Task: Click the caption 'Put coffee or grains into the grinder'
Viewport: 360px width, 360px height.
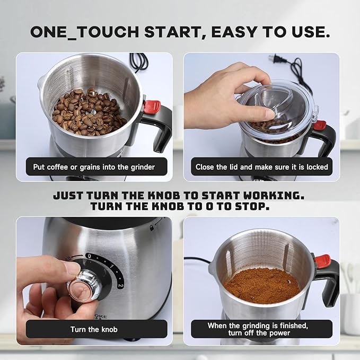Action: [x=94, y=166]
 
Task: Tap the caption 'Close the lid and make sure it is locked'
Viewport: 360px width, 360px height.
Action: [x=261, y=166]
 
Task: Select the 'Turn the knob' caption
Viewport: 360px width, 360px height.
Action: [x=94, y=329]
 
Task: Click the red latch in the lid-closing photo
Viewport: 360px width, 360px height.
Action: [x=320, y=125]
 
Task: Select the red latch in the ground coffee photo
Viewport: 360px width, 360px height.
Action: [x=322, y=260]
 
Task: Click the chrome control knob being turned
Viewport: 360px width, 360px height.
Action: [x=80, y=287]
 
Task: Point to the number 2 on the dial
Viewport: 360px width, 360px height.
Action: [x=120, y=285]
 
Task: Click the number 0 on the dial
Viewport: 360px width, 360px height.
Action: [x=89, y=256]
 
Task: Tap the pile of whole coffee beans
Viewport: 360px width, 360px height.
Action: [x=88, y=111]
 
